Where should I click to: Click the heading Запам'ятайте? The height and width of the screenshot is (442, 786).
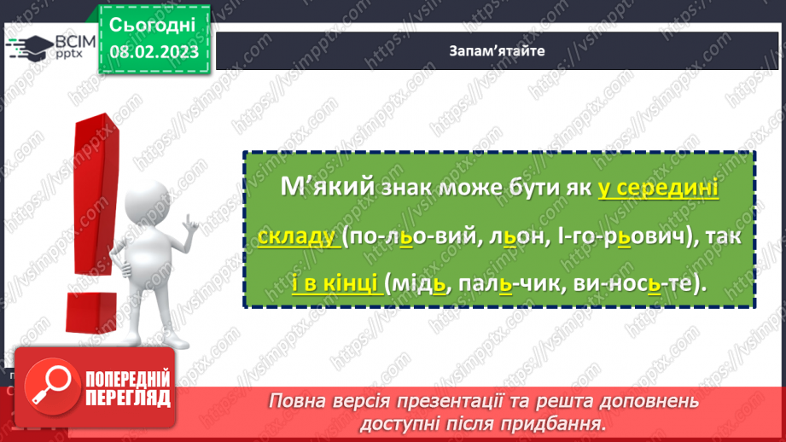pyautogui.click(x=496, y=49)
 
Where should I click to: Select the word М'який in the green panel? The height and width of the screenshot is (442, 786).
pyautogui.click(x=316, y=189)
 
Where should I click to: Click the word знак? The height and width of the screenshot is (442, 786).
pyautogui.click(x=404, y=189)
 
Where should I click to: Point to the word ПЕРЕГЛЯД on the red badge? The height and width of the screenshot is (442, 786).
pyautogui.click(x=126, y=397)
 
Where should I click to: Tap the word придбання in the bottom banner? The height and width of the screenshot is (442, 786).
pyautogui.click(x=563, y=422)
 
